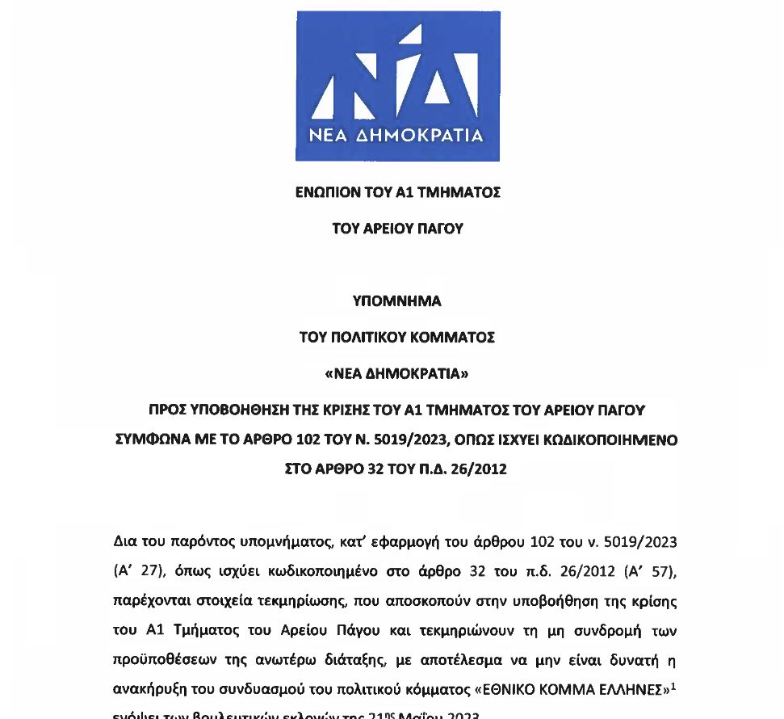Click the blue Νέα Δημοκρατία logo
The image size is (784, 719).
(x=397, y=85)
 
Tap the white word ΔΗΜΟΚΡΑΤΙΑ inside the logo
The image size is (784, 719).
(x=424, y=135)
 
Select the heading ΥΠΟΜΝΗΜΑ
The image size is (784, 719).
(x=397, y=301)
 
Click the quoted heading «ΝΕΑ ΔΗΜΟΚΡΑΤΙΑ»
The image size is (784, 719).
(x=397, y=374)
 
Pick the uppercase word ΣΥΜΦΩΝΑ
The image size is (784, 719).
(x=146, y=440)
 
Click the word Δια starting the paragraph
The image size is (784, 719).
(x=125, y=540)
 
